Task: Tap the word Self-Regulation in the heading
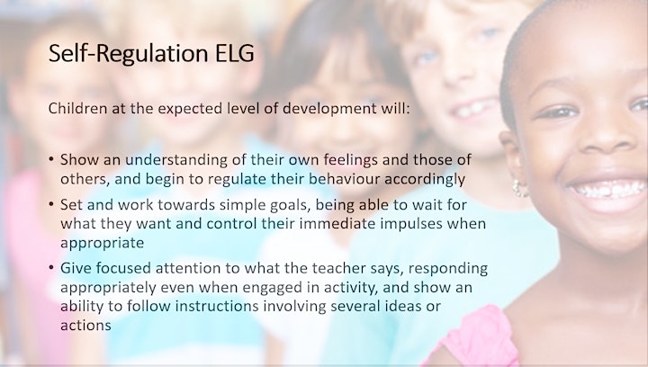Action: [x=128, y=54]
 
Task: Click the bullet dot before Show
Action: [x=51, y=159]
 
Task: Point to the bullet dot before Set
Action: [x=51, y=204]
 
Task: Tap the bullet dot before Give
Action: [x=51, y=267]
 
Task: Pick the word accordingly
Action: [x=425, y=180]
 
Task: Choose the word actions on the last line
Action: [x=85, y=326]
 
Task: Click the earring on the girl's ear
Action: [x=519, y=188]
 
